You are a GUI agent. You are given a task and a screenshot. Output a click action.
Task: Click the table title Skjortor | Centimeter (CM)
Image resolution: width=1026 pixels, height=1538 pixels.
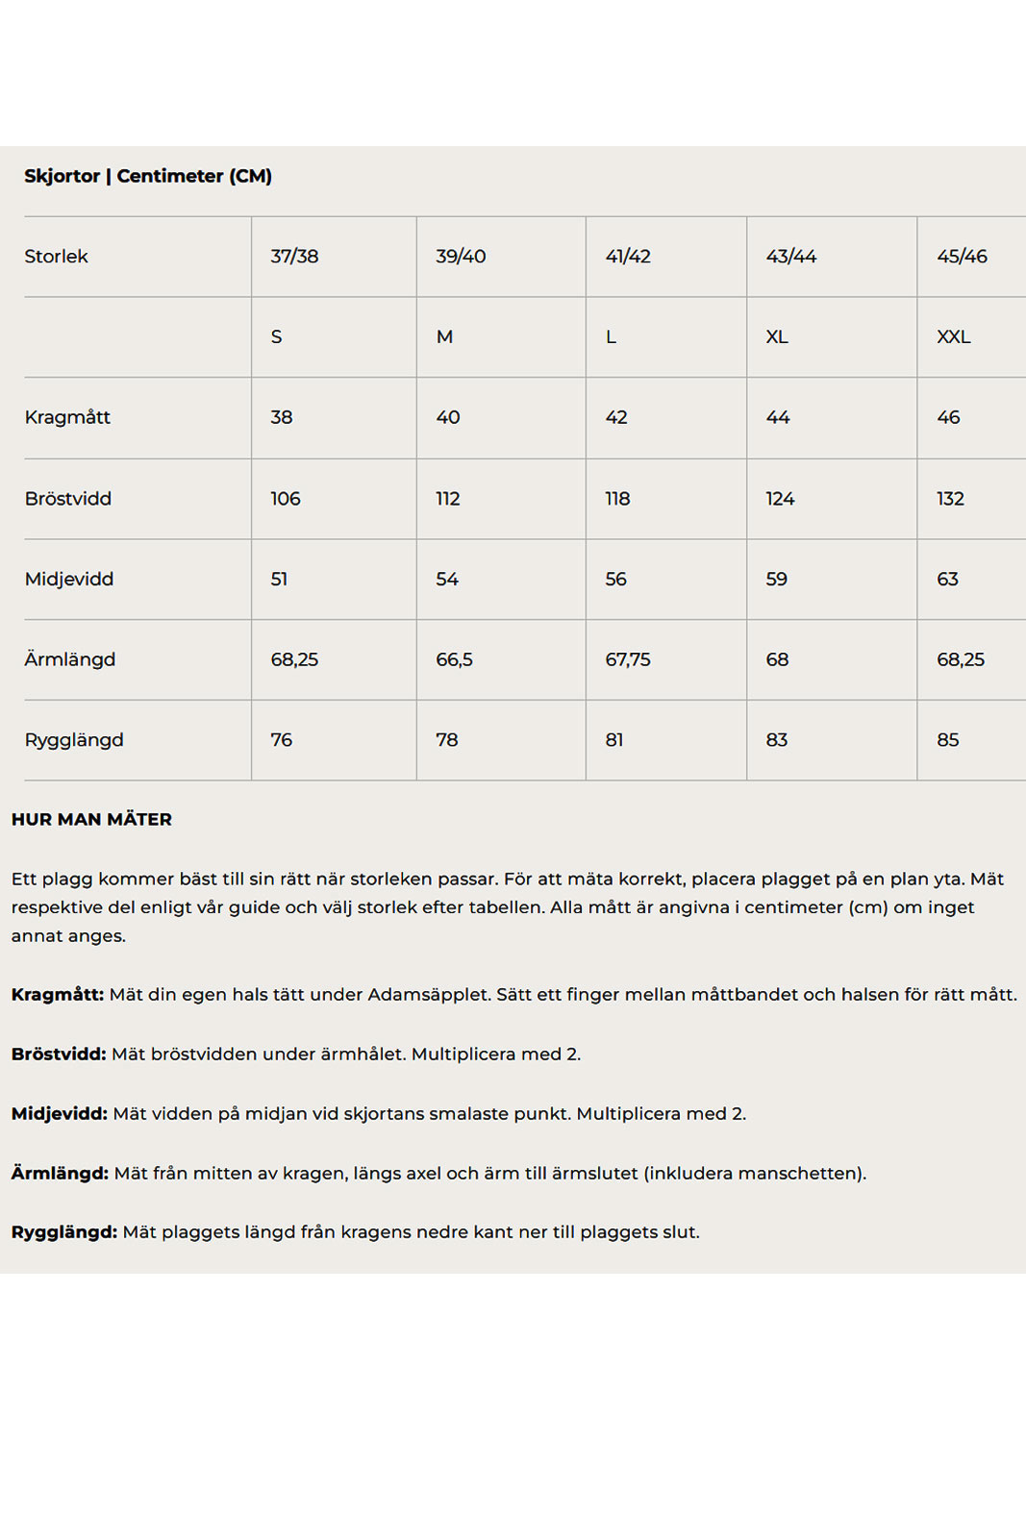pyautogui.click(x=148, y=176)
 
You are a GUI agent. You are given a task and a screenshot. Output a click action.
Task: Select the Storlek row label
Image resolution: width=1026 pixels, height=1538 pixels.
pyautogui.click(x=56, y=257)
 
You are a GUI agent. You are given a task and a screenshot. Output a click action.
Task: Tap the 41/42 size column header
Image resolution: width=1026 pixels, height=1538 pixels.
pyautogui.click(x=628, y=257)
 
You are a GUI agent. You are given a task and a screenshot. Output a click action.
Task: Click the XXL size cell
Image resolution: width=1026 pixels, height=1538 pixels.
pyautogui.click(x=953, y=337)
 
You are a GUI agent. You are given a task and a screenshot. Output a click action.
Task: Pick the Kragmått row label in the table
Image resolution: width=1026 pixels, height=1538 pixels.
pyautogui.click(x=67, y=417)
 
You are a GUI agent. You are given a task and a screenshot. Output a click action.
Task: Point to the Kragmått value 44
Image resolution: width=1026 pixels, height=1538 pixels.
pyautogui.click(x=777, y=417)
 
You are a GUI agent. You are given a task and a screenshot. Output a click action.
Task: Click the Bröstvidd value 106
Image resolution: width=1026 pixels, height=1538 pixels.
pyautogui.click(x=285, y=499)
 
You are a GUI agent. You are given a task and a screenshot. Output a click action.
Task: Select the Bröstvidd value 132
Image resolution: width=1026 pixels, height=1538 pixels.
pyautogui.click(x=950, y=499)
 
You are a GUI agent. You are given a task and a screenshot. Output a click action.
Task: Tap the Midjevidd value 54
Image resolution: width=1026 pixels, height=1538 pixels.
pyautogui.click(x=447, y=580)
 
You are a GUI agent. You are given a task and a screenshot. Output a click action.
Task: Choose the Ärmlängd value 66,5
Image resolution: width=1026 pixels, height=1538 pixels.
pyautogui.click(x=454, y=659)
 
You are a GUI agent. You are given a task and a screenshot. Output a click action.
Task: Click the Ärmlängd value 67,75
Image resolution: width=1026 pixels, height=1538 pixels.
pyautogui.click(x=627, y=659)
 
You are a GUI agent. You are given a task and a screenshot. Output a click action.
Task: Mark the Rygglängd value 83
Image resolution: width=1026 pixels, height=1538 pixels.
pyautogui.click(x=776, y=740)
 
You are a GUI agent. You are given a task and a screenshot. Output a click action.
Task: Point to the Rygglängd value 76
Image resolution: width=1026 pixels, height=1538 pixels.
pyautogui.click(x=281, y=740)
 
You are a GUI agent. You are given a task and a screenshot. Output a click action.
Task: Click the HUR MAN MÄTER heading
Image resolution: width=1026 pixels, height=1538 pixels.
pyautogui.click(x=91, y=820)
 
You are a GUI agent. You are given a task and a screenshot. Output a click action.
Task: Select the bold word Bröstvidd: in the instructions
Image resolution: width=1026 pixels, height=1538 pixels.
pyautogui.click(x=59, y=1054)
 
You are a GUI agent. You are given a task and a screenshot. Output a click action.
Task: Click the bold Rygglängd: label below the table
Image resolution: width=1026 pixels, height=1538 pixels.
pyautogui.click(x=64, y=1232)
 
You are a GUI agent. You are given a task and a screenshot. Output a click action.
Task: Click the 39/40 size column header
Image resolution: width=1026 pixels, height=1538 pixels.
pyautogui.click(x=461, y=257)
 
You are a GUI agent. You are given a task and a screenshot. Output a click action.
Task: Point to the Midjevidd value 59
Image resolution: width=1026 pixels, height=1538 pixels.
pyautogui.click(x=776, y=580)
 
